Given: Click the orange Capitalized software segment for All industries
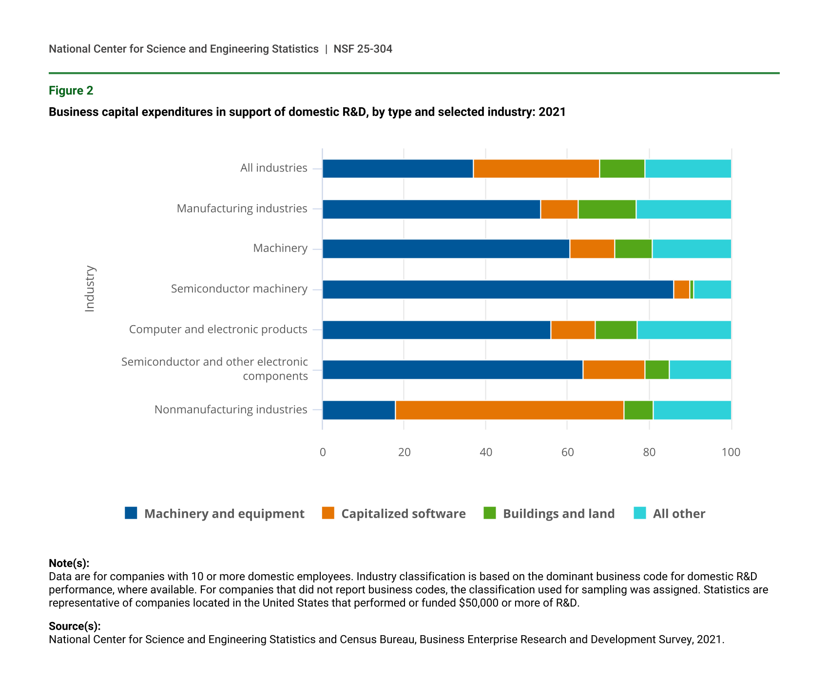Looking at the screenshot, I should click(536, 169).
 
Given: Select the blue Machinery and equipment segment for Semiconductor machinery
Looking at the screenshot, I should click(498, 290).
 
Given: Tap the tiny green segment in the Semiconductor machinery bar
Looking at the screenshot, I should click(692, 290).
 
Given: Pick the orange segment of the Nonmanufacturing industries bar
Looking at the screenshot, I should click(509, 410).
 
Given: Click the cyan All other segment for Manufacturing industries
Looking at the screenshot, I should click(683, 209).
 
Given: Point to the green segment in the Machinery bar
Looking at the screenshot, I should click(633, 249).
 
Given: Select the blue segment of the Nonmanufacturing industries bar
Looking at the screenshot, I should click(359, 410).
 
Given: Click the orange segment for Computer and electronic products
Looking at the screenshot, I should click(573, 330).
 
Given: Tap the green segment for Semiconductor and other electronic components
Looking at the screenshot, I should click(657, 369).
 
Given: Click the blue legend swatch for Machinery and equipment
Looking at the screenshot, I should click(131, 513).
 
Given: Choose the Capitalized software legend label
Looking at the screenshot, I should click(403, 514).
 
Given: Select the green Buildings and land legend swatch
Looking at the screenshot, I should click(489, 513).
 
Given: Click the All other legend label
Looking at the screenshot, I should click(678, 514).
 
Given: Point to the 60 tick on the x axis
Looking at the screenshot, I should click(567, 452).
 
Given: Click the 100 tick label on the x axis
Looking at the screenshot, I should click(731, 452).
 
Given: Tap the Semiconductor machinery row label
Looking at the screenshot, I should click(239, 289).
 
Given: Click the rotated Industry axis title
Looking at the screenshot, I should click(90, 289).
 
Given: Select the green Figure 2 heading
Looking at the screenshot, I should click(71, 91).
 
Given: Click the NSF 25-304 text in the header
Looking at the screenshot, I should click(363, 49).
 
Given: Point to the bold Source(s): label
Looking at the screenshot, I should click(75, 626).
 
